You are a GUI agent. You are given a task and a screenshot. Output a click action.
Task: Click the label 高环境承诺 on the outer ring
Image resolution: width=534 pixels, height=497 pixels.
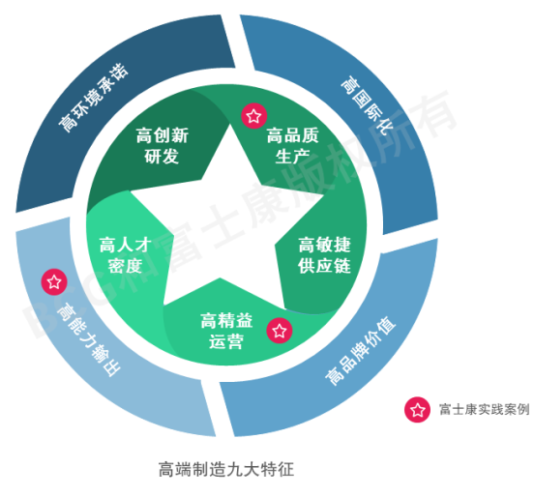(x=93, y=98)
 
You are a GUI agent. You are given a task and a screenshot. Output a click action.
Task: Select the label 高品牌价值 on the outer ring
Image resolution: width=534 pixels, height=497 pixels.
(x=360, y=351)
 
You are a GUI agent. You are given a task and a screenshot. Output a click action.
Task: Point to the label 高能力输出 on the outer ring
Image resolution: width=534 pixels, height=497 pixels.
(x=89, y=339)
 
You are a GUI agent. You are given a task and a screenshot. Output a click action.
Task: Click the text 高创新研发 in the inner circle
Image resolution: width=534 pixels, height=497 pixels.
(x=163, y=146)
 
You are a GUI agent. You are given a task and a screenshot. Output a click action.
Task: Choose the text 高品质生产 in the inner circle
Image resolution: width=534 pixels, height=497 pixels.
(x=292, y=146)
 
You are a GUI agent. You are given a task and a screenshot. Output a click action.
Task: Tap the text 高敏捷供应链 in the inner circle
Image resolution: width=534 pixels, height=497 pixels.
(x=324, y=255)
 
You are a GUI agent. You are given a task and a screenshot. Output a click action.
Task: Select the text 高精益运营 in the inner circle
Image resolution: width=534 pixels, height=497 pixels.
(x=226, y=331)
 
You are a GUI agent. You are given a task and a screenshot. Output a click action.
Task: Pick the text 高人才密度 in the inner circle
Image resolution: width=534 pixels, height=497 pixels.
(x=126, y=255)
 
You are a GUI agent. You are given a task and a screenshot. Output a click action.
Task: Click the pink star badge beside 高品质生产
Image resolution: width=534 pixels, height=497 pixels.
(x=253, y=116)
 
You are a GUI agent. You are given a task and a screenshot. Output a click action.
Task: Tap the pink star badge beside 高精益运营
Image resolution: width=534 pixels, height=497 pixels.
(x=280, y=331)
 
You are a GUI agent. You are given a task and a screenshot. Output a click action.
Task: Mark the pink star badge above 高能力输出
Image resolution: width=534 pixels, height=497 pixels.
(x=54, y=282)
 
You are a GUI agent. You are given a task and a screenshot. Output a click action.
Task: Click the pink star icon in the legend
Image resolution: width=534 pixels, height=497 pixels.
(x=418, y=410)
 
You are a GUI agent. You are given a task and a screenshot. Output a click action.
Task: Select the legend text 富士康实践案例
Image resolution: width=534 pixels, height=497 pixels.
(x=485, y=410)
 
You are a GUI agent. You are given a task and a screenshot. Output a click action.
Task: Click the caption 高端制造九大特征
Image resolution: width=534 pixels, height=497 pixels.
(x=226, y=469)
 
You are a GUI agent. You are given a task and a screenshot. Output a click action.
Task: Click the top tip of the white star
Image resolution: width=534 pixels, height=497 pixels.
(x=230, y=125)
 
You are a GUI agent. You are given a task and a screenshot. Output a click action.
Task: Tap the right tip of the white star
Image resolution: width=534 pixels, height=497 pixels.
(x=323, y=195)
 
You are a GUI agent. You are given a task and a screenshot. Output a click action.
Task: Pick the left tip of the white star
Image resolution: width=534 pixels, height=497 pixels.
(x=132, y=191)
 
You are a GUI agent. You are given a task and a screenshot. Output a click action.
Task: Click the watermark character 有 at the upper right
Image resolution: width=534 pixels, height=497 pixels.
(x=433, y=114)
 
